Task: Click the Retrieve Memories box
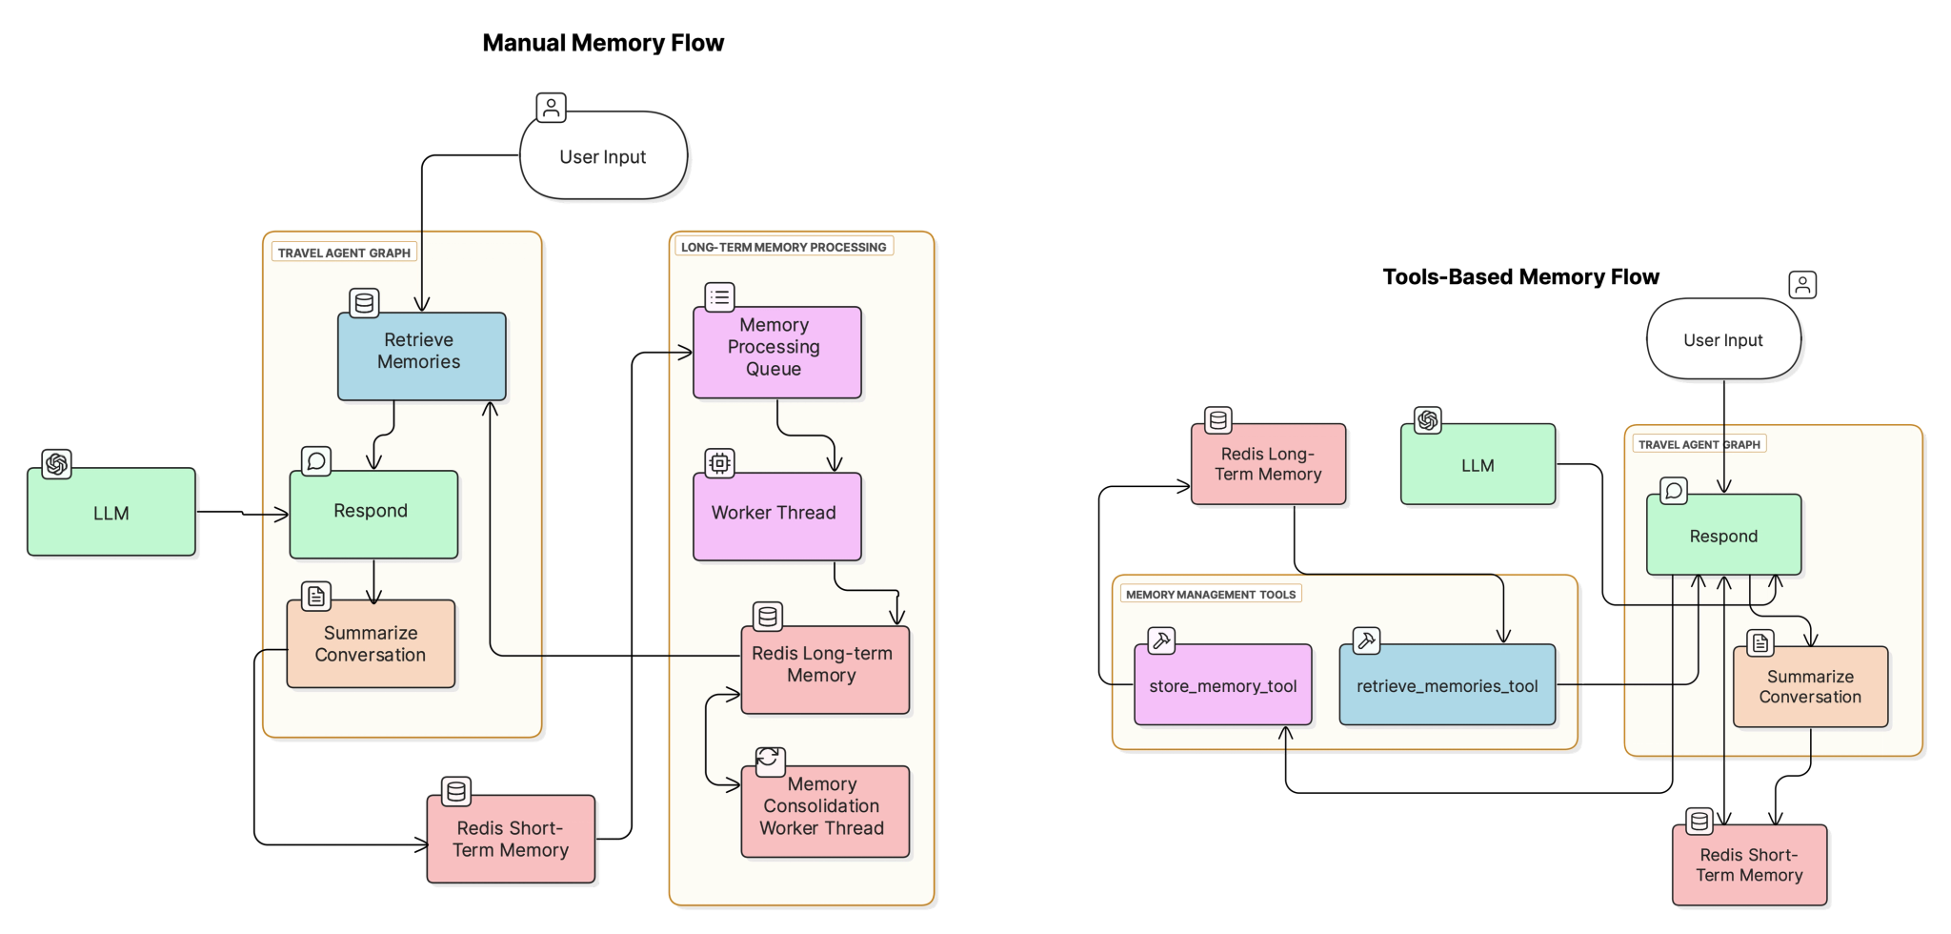click(x=421, y=355)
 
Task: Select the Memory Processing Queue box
click(x=776, y=351)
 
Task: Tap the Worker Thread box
click(x=776, y=516)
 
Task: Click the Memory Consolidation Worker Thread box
click(x=825, y=810)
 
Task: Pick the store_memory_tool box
click(x=1222, y=685)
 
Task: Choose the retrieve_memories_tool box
click(x=1446, y=685)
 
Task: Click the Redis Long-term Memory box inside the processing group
click(x=825, y=668)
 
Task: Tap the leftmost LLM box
click(x=111, y=513)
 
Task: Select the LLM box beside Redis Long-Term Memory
click(x=1478, y=465)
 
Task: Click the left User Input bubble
click(x=603, y=156)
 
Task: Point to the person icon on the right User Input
click(x=1802, y=285)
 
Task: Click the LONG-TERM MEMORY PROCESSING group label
click(x=783, y=247)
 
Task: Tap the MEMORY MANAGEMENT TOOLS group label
click(x=1210, y=594)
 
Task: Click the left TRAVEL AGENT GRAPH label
click(x=344, y=253)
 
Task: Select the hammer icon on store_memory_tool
click(x=1161, y=640)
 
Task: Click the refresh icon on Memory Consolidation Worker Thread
click(x=770, y=761)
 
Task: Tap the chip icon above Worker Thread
click(x=719, y=463)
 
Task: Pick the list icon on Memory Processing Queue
click(x=719, y=297)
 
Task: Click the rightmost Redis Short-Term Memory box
click(x=1750, y=864)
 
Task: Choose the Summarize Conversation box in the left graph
click(x=371, y=643)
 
